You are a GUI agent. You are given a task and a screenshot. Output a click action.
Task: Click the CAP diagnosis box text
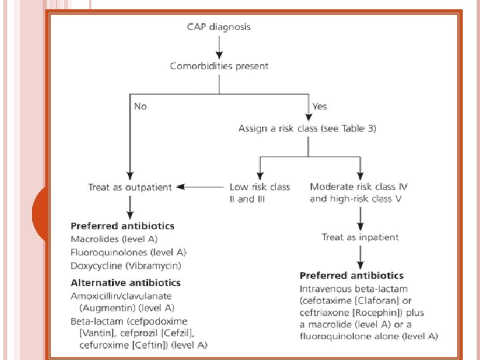(219, 27)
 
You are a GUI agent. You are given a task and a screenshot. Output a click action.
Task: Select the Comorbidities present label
(219, 66)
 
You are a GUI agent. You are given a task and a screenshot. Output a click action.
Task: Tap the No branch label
(141, 106)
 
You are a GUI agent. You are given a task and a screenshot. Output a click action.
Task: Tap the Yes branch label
(319, 106)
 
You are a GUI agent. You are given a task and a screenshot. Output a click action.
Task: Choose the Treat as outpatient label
(129, 187)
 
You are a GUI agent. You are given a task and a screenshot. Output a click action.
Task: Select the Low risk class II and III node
(259, 193)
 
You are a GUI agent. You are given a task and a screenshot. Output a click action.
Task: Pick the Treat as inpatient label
(360, 237)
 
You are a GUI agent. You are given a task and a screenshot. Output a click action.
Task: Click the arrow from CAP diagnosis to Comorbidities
(219, 47)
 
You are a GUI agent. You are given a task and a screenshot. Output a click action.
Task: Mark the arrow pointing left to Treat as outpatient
(200, 187)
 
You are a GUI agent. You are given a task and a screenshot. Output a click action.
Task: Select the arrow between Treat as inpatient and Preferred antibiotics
(360, 257)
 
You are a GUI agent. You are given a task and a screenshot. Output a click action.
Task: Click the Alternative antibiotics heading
(125, 283)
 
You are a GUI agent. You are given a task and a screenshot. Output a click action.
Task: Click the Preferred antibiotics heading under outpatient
(123, 226)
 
